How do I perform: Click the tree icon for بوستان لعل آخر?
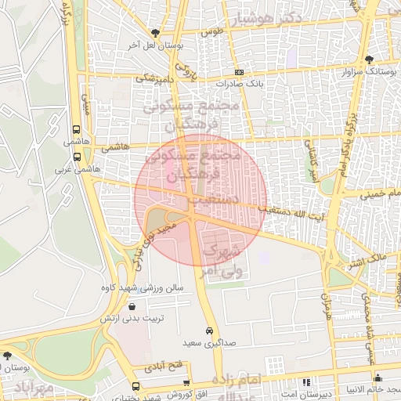155,33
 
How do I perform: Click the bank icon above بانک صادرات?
239,71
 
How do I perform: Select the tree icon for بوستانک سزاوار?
369,60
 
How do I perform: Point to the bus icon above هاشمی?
75,130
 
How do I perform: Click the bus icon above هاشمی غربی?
75,155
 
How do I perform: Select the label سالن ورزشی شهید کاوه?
141,288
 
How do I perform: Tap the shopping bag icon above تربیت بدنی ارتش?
131,306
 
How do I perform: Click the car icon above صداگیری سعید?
209,331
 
